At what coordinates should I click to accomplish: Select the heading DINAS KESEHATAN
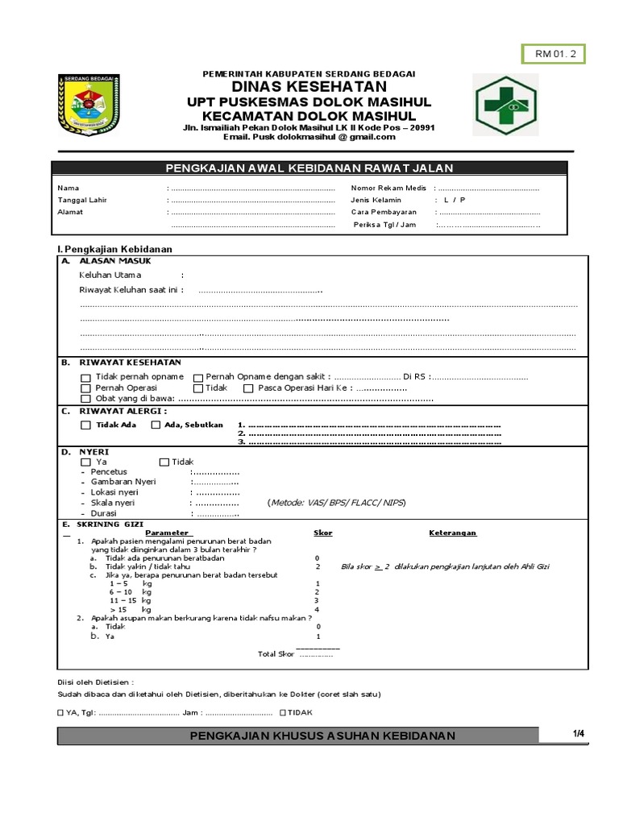pyautogui.click(x=309, y=87)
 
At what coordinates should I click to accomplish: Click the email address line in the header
pyautogui.click(x=309, y=136)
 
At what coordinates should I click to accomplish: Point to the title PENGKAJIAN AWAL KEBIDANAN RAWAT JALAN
pyautogui.click(x=309, y=168)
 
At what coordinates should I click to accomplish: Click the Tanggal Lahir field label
pyautogui.click(x=82, y=200)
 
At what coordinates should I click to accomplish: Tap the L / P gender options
pyautogui.click(x=454, y=200)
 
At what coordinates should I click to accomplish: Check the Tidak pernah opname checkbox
pyautogui.click(x=85, y=377)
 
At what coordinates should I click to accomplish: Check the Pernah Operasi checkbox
pyautogui.click(x=85, y=388)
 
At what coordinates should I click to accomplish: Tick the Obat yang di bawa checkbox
pyautogui.click(x=85, y=400)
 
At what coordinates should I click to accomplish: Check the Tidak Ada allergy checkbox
pyautogui.click(x=85, y=425)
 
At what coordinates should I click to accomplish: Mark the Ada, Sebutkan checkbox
pyautogui.click(x=156, y=425)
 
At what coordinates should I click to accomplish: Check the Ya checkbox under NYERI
pyautogui.click(x=85, y=462)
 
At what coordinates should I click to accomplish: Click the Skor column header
pyautogui.click(x=322, y=533)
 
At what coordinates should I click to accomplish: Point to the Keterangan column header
pyautogui.click(x=452, y=533)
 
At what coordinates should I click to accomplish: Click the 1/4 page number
pyautogui.click(x=579, y=732)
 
